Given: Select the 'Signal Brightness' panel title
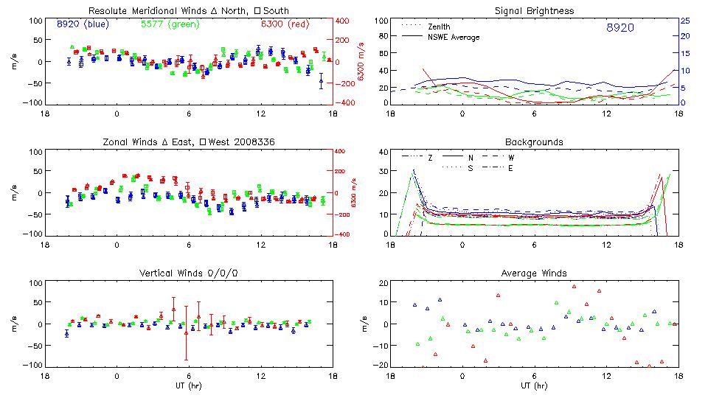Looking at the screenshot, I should pos(535,11).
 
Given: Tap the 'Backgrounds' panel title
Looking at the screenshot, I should pos(535,142).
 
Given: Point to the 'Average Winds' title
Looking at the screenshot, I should pos(535,273).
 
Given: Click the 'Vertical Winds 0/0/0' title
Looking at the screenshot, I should pos(188,273).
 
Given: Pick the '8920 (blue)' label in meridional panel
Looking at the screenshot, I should pos(82,24).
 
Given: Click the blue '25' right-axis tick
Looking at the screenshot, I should pos(684,21).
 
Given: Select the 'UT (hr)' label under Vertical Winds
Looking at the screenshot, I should pos(188,385).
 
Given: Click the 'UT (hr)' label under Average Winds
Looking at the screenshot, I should pos(535,385).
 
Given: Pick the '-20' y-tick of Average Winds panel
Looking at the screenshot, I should pos(380,365).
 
